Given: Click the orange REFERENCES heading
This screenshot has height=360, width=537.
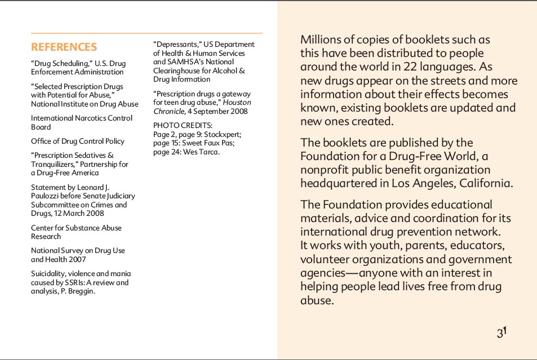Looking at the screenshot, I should (x=64, y=47).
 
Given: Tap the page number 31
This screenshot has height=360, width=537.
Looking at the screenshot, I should (x=502, y=332).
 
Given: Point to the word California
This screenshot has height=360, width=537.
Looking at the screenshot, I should (x=486, y=183).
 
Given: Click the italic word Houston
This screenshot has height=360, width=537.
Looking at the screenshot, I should (x=237, y=103).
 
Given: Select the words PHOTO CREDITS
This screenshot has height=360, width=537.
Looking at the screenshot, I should (x=183, y=125).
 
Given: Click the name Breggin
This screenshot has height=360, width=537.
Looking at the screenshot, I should (x=82, y=291).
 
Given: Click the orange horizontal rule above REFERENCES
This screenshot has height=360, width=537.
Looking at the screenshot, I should (x=147, y=33).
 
